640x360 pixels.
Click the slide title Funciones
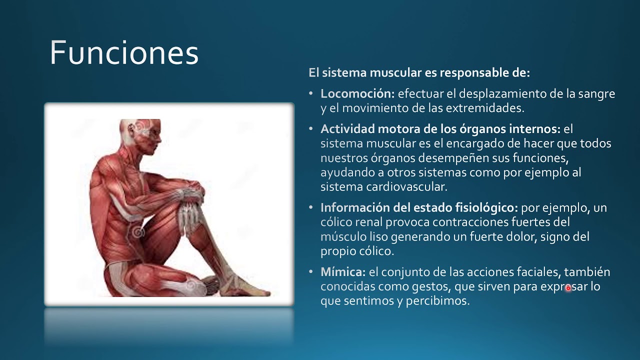(124, 53)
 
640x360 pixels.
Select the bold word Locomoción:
(357, 93)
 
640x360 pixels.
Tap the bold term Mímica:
(343, 272)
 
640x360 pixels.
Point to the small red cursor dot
(568, 288)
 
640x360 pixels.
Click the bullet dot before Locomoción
(310, 93)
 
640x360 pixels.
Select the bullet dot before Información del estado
(310, 207)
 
